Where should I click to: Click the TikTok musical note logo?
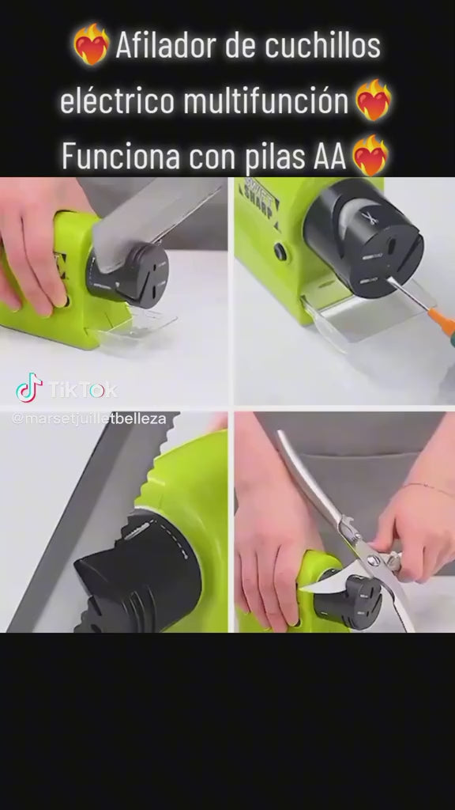click(28, 388)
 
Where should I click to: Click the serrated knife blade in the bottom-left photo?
click(87, 506)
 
